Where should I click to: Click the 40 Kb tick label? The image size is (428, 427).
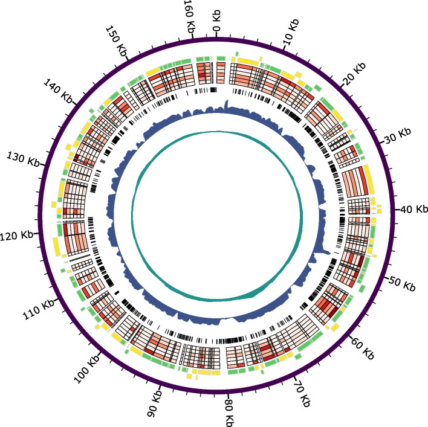tap(413, 209)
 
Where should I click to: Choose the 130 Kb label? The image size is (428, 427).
tap(26, 160)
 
